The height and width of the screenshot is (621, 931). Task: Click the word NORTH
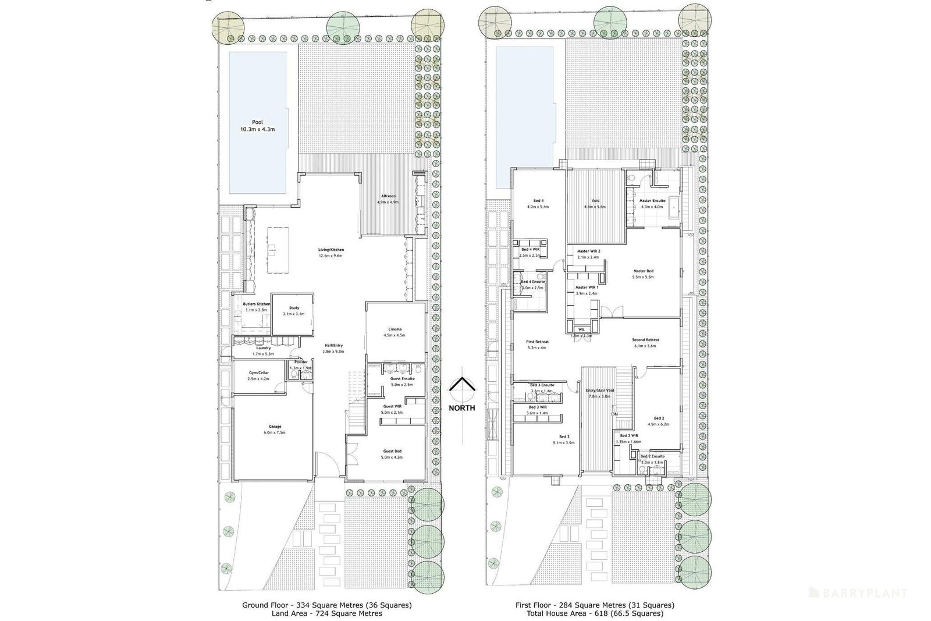pos(461,408)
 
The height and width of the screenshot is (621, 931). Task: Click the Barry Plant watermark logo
pos(859,593)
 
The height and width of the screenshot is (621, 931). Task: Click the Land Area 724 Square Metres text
pos(326,613)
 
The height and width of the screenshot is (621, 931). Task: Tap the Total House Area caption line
pos(594,613)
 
